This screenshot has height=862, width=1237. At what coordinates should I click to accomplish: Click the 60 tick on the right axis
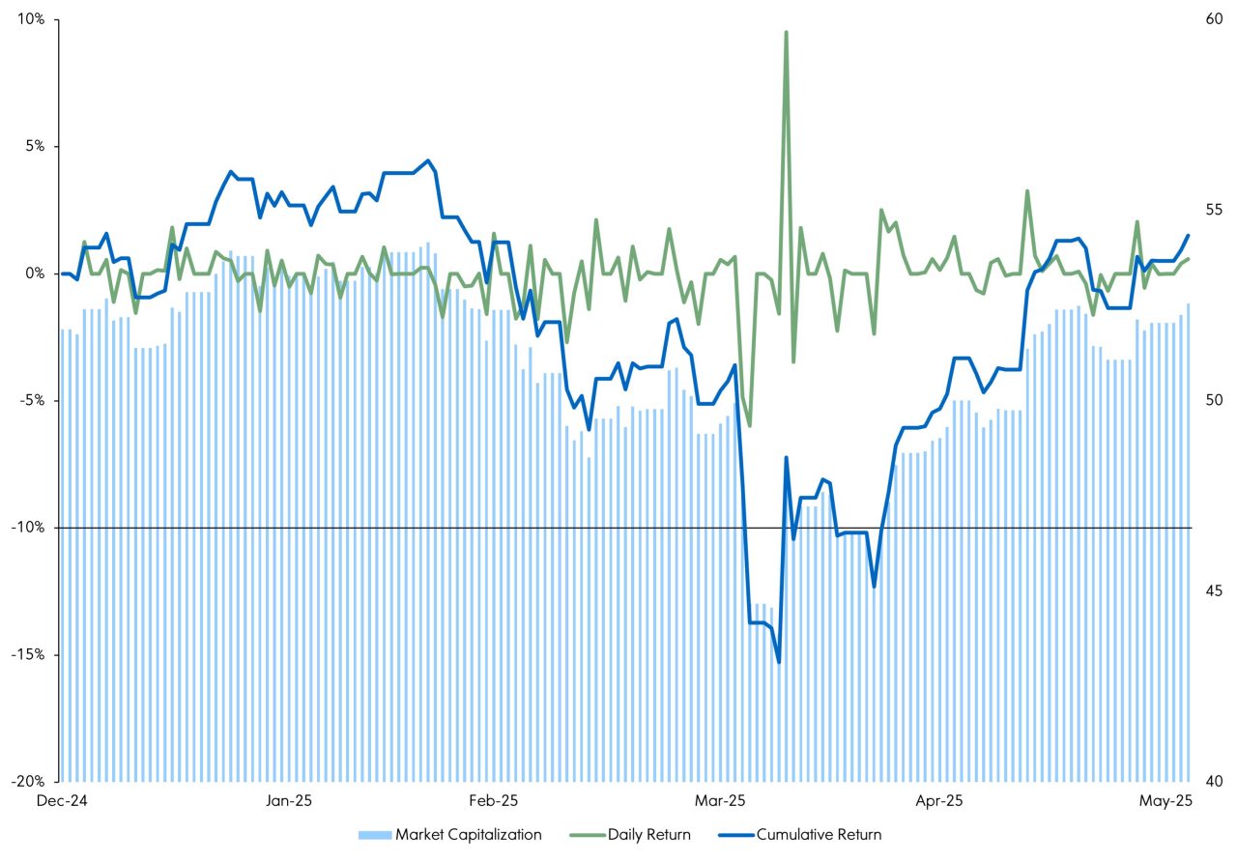point(1211,19)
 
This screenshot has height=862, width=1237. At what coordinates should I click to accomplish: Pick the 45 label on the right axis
point(1211,590)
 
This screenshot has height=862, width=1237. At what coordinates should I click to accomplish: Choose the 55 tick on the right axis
point(1211,210)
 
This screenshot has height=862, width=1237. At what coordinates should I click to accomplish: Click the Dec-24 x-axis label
point(60,801)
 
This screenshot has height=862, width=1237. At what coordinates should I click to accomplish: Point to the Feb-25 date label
point(494,801)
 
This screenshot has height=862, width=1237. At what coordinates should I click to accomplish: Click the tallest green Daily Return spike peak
point(786,32)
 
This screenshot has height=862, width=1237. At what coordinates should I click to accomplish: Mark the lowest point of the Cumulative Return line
point(778,662)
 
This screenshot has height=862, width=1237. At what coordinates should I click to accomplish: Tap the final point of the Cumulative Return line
point(1188,235)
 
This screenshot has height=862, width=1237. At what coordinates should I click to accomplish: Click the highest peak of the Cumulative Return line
point(428,160)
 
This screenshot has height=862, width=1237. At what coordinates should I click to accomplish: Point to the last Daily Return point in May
point(1188,258)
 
